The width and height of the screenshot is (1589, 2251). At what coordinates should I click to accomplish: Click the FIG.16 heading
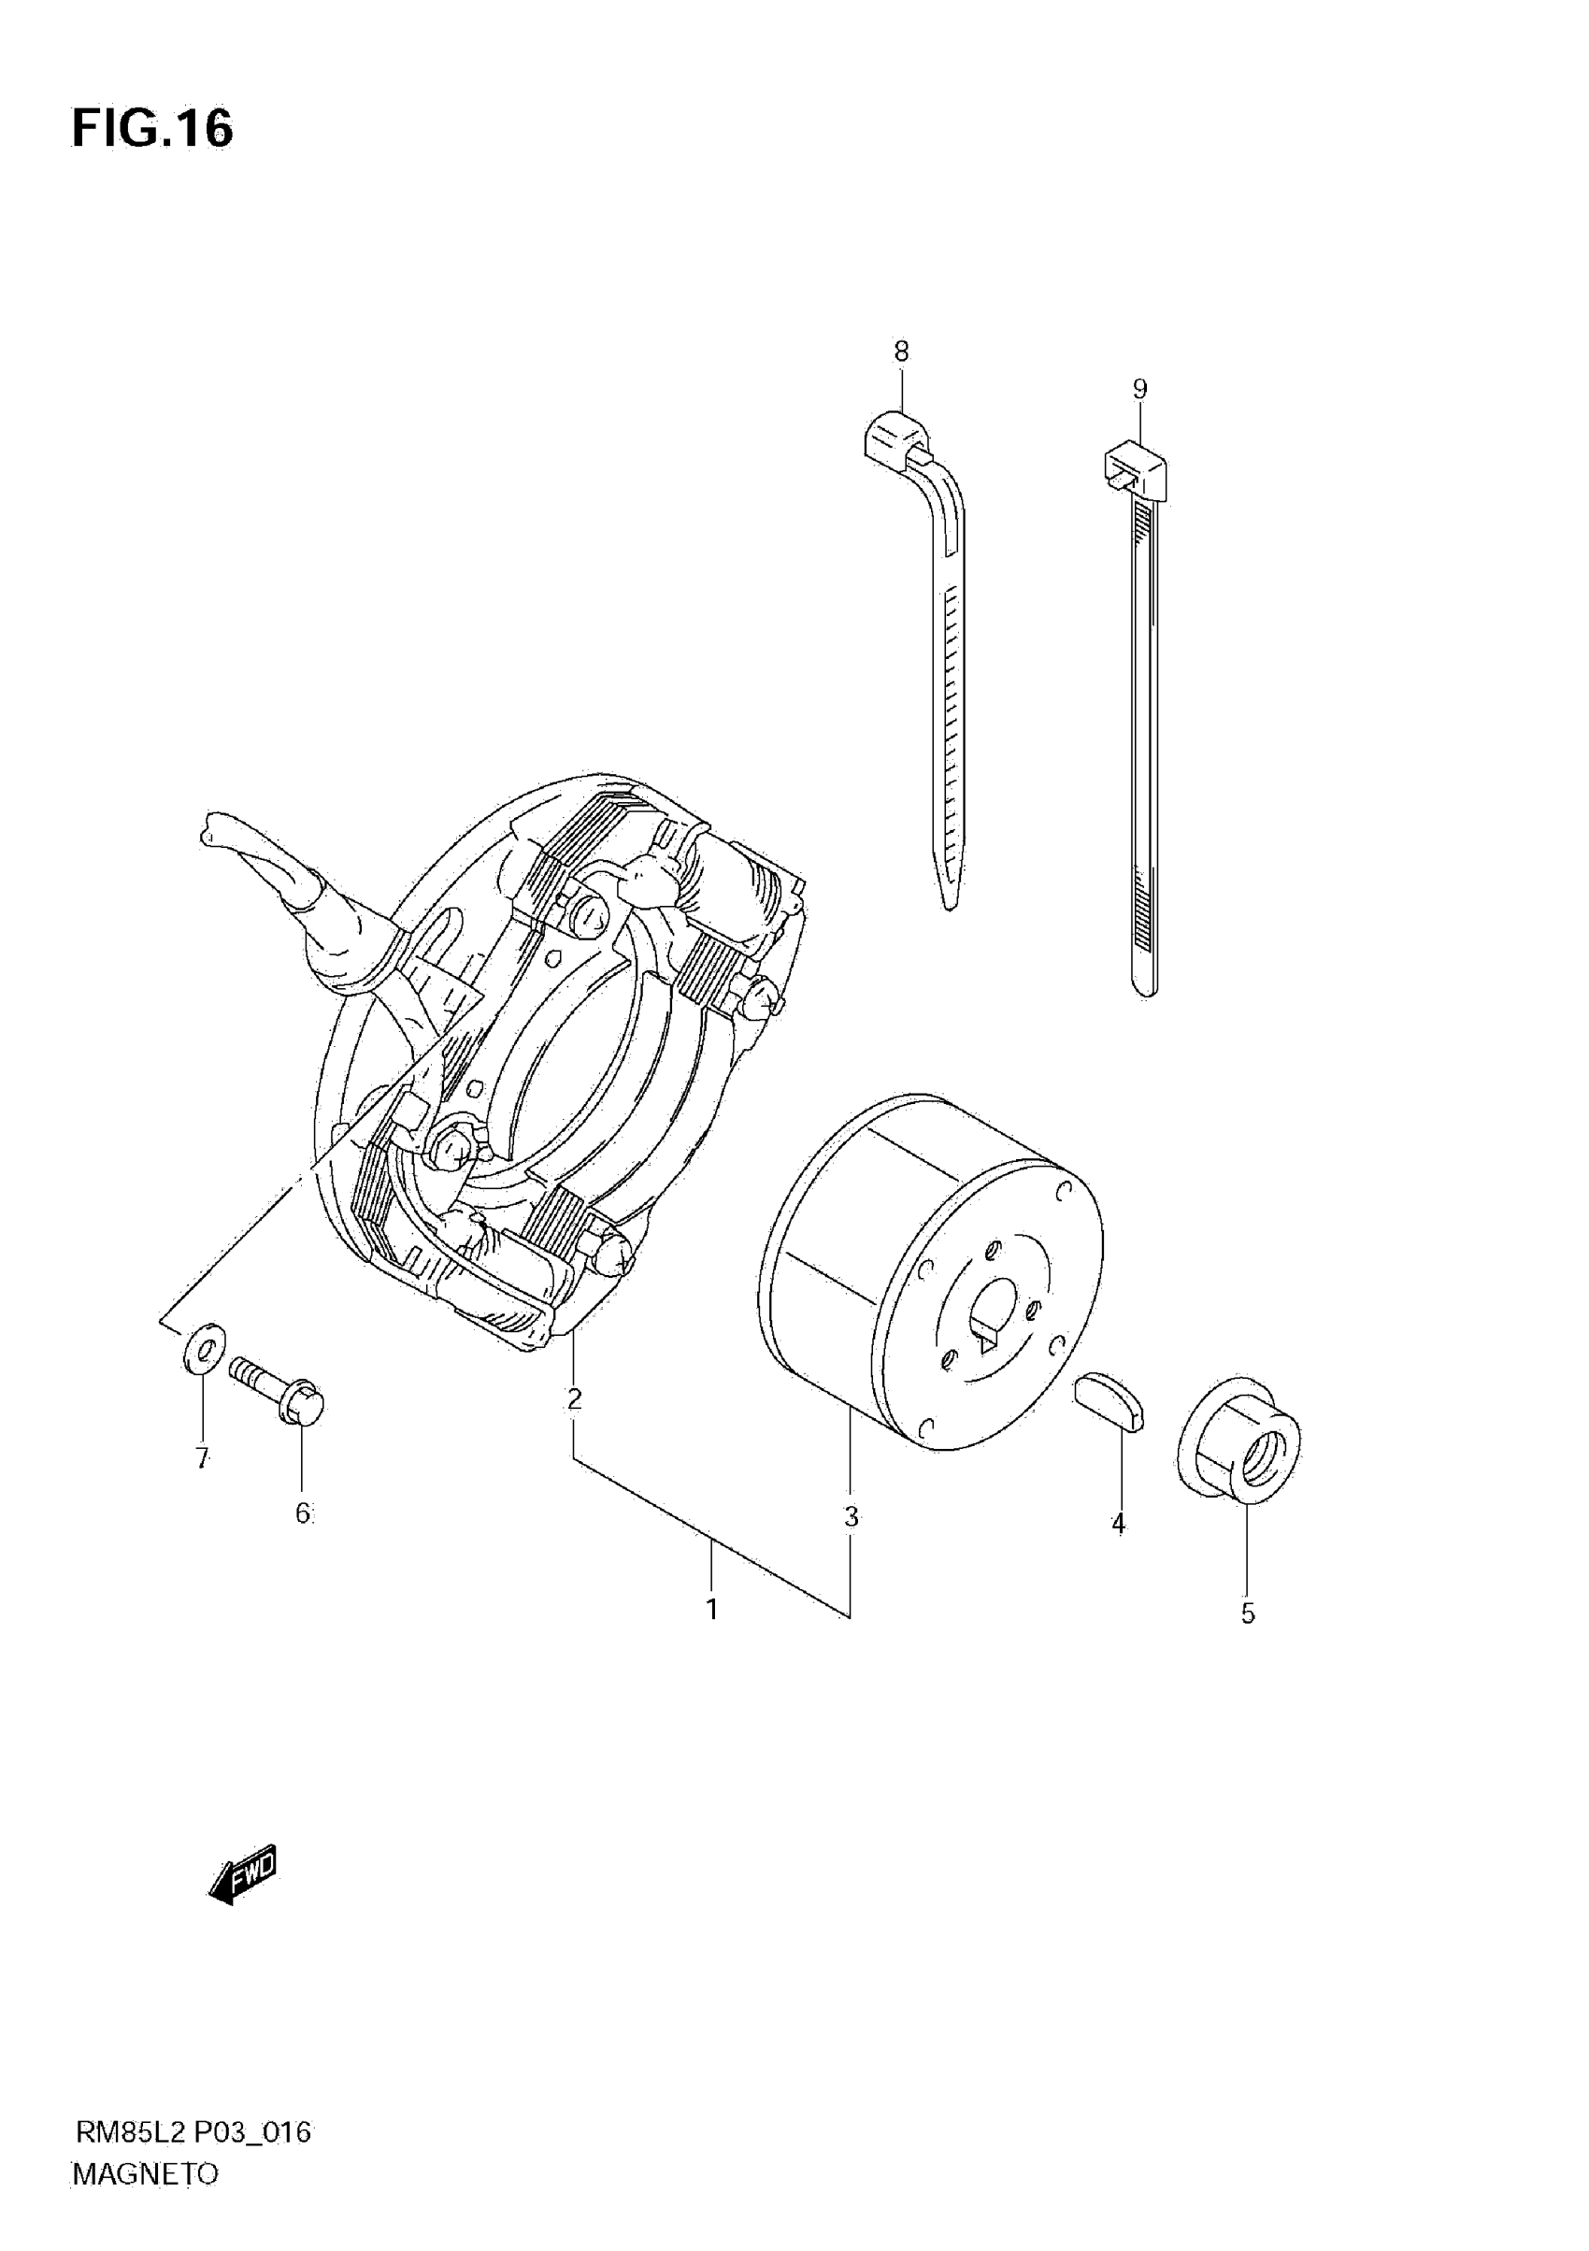click(152, 128)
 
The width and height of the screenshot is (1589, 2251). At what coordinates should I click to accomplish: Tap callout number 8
click(901, 351)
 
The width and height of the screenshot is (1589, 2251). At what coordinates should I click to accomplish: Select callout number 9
click(1139, 389)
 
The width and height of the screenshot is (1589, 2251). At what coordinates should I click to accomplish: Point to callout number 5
click(1247, 1613)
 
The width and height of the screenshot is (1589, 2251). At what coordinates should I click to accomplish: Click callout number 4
click(1118, 1524)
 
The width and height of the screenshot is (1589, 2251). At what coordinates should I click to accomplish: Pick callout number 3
click(851, 1516)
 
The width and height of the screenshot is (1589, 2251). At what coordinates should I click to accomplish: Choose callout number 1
click(712, 1609)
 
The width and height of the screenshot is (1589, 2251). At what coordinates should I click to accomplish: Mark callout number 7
click(202, 1459)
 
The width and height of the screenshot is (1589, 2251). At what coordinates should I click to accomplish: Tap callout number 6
click(303, 1513)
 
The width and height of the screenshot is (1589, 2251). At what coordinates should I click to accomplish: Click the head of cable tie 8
click(896, 437)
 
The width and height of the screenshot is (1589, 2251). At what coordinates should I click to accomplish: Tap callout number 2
click(575, 1399)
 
